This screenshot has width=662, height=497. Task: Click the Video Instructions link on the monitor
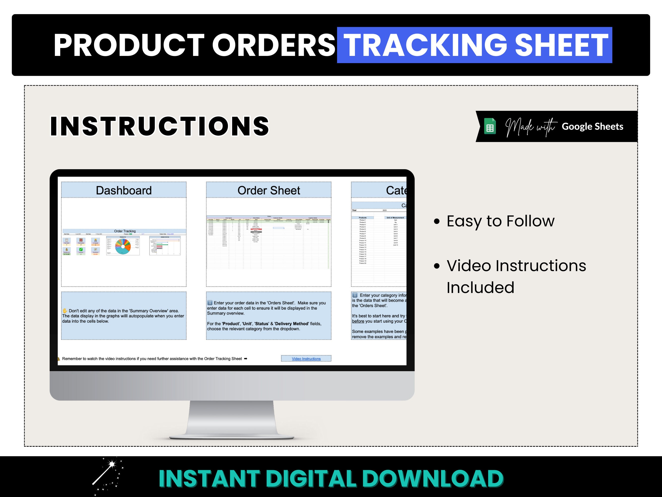click(x=306, y=359)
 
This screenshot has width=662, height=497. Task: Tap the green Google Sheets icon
click(x=490, y=126)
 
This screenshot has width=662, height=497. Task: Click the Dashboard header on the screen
click(x=124, y=191)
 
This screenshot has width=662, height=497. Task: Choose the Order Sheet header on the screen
click(x=269, y=191)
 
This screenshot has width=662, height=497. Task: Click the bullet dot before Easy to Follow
click(x=437, y=222)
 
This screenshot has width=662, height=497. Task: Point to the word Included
click(x=480, y=288)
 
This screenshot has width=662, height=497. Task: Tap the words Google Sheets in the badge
click(x=592, y=126)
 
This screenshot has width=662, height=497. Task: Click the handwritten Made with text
click(x=531, y=127)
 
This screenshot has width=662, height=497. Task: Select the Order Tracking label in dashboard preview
click(x=125, y=231)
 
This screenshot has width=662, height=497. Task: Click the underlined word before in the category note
click(x=358, y=321)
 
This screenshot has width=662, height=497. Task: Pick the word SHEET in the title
click(x=561, y=45)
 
